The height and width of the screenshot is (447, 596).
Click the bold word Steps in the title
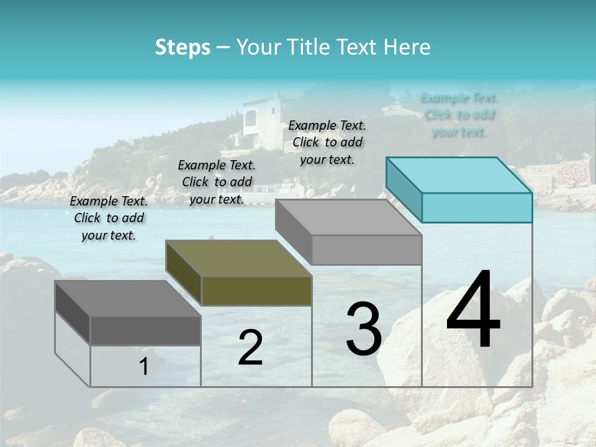tap(183, 47)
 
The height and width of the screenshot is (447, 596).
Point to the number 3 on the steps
tap(364, 329)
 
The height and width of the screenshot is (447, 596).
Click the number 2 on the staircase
tap(250, 348)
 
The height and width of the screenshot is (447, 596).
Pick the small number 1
tap(143, 367)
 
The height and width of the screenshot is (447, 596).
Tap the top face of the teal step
tap(459, 175)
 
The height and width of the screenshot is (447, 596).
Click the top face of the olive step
tap(238, 258)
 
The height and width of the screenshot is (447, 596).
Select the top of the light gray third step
tap(348, 217)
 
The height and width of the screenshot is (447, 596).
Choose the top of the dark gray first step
tap(127, 299)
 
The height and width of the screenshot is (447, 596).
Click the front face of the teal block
tap(477, 207)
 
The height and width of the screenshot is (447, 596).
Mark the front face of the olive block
tap(256, 291)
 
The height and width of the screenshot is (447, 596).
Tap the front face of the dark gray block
tap(145, 330)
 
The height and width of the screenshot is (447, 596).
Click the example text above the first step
tap(109, 218)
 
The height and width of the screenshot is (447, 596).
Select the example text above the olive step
tap(217, 182)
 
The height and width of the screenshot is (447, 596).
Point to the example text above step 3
tap(327, 142)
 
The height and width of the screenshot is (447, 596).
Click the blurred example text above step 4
tap(459, 115)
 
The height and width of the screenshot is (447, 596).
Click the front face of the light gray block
tap(366, 250)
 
